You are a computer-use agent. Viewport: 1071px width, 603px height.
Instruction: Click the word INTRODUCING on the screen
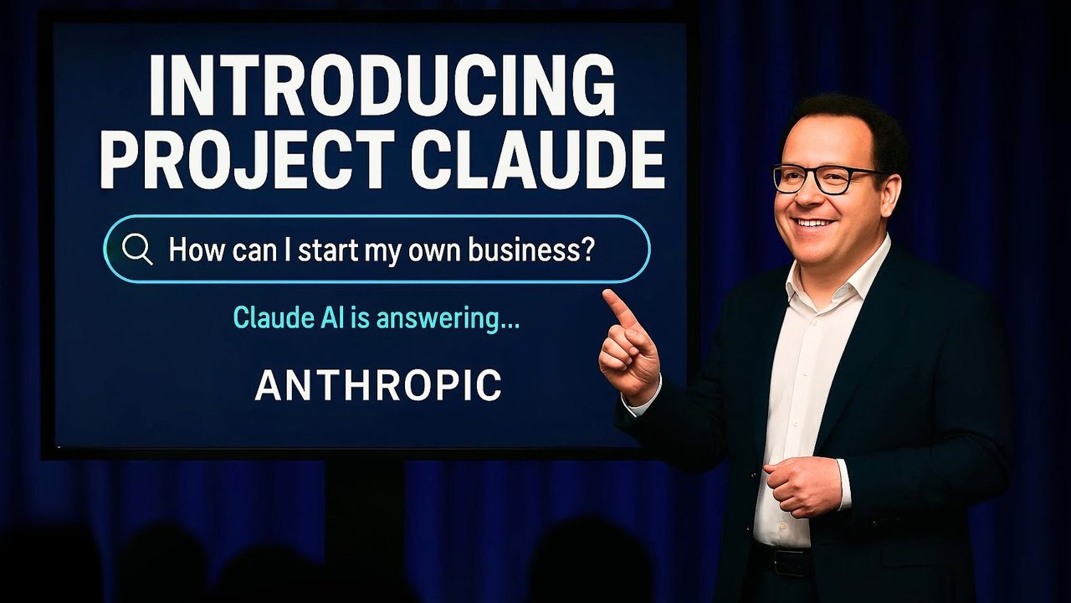(x=382, y=85)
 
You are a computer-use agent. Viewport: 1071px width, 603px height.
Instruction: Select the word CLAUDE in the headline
(x=537, y=158)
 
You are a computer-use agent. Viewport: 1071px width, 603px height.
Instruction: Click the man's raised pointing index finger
(x=619, y=307)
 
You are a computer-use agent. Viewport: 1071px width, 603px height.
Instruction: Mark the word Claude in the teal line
(x=274, y=317)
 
